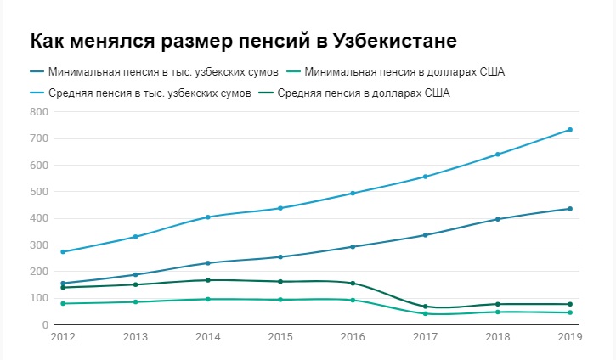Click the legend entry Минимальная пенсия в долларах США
tap(404, 71)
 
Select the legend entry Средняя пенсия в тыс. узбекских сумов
tap(150, 93)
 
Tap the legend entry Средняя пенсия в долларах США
tap(363, 93)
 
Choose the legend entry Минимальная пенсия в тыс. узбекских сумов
tap(164, 71)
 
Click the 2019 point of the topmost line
tap(570, 130)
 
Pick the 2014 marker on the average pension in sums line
tap(208, 217)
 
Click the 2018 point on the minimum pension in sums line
tap(498, 219)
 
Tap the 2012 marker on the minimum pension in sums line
tap(64, 284)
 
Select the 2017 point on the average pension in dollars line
tap(425, 307)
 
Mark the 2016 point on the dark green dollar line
tap(353, 283)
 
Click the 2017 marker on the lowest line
tap(425, 314)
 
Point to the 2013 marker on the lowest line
tap(136, 302)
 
